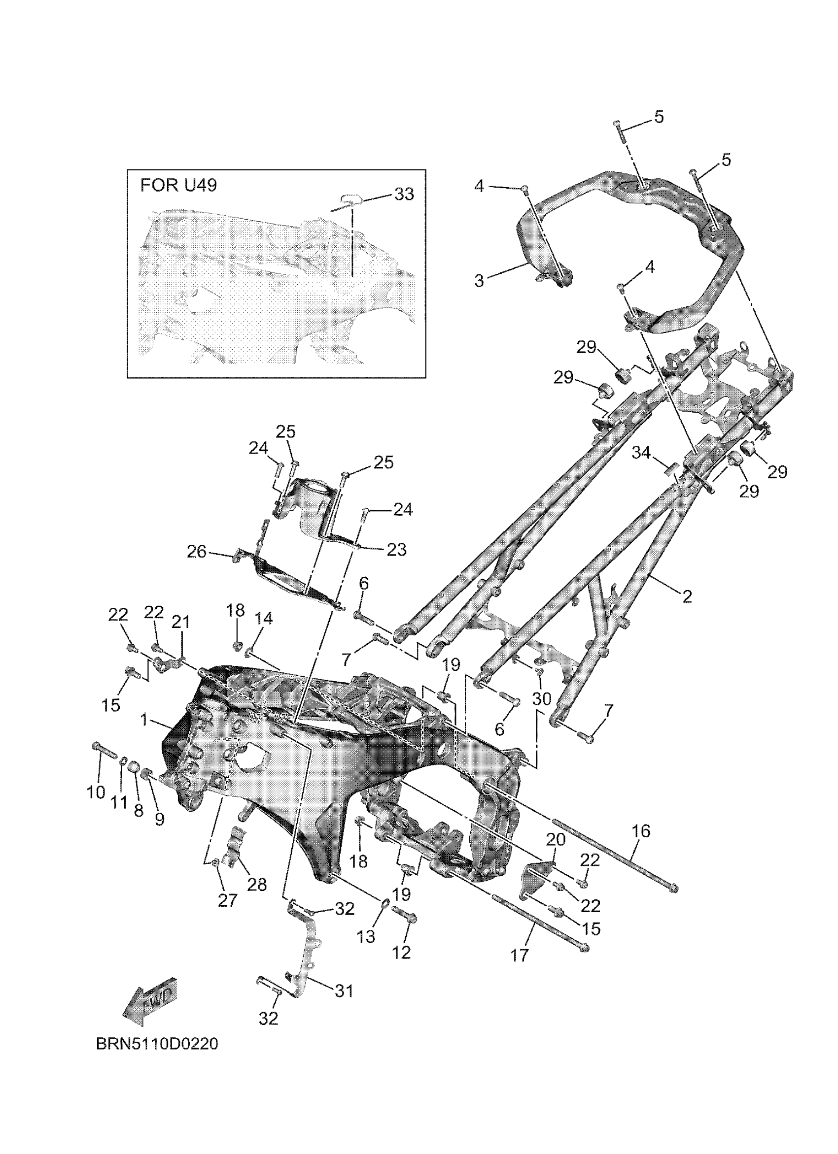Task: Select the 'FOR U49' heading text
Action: coord(178,185)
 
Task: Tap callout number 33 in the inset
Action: coord(404,194)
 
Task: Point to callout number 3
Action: coord(479,280)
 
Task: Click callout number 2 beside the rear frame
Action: coord(687,596)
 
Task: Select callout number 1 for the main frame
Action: coord(144,720)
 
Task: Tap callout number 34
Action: coord(641,452)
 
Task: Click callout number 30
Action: coord(542,698)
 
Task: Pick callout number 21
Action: coord(180,622)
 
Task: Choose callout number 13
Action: coord(366,936)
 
